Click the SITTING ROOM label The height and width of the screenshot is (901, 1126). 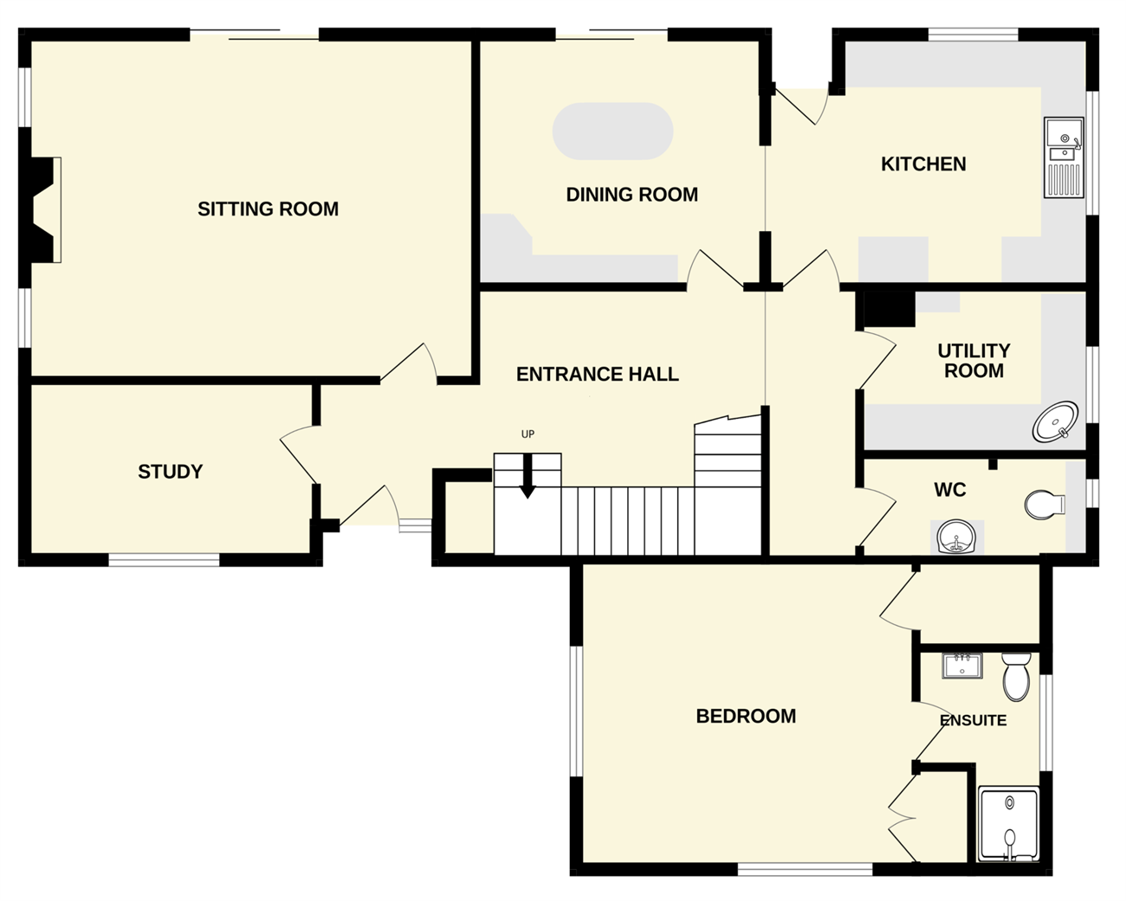268,209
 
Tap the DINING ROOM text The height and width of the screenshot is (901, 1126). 632,195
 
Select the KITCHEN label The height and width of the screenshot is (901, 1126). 923,164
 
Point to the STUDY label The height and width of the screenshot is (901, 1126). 170,472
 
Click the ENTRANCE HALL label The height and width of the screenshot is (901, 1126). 598,375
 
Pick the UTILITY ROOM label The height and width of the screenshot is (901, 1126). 974,361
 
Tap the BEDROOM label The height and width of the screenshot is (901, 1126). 746,717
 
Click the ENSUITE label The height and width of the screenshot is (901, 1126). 974,721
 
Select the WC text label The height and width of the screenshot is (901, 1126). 950,490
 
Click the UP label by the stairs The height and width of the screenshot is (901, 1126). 528,434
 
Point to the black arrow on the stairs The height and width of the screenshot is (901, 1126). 527,476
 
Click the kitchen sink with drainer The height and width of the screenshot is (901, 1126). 1064,158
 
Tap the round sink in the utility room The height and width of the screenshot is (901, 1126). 1055,422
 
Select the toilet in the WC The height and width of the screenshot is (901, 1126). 1045,505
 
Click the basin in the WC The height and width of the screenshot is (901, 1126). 956,537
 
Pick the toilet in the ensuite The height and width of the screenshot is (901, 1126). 1016,676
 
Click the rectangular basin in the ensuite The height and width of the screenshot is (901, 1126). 962,666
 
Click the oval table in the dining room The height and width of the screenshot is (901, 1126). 612,131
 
